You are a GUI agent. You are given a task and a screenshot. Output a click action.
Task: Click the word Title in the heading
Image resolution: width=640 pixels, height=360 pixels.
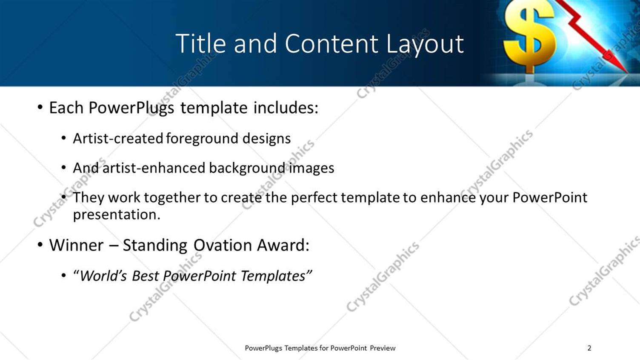coord(200,43)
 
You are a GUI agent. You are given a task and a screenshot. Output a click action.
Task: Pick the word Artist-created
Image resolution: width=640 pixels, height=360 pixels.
coord(118,139)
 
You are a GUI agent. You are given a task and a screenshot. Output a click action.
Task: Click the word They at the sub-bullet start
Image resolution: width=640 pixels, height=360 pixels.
coord(88,197)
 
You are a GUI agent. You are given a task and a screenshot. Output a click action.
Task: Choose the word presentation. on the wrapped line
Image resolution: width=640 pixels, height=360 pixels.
coord(116,214)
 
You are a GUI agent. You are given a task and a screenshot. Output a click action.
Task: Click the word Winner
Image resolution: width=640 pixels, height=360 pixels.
coord(76,246)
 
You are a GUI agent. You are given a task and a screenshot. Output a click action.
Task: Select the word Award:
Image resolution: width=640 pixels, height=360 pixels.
coord(283,246)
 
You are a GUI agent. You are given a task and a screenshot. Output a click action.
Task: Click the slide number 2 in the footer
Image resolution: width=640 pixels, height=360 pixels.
coord(589,348)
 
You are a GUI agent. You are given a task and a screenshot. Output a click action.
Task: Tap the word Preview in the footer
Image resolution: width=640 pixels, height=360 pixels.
coord(383,348)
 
